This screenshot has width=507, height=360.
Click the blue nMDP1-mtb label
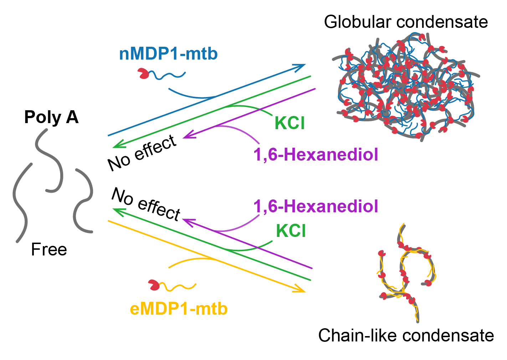168,54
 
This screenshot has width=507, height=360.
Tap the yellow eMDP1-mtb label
179,309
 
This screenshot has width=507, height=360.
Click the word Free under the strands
49,249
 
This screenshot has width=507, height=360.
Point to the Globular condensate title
406,22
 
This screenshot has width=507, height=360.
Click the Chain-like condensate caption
406,335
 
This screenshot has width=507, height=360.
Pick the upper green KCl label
290,123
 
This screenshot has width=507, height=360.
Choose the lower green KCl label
291,230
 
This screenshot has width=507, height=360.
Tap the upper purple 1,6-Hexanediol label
316,155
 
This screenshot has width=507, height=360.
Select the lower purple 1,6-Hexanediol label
316,206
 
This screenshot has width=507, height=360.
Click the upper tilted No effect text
142,153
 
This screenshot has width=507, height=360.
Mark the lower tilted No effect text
146,204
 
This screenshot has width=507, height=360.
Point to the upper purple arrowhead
188,135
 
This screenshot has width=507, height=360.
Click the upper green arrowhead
118,144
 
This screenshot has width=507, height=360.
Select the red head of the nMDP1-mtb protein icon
143,73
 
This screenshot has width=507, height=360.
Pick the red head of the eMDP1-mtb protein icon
154,285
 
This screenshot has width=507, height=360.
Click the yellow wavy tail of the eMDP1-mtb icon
178,287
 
